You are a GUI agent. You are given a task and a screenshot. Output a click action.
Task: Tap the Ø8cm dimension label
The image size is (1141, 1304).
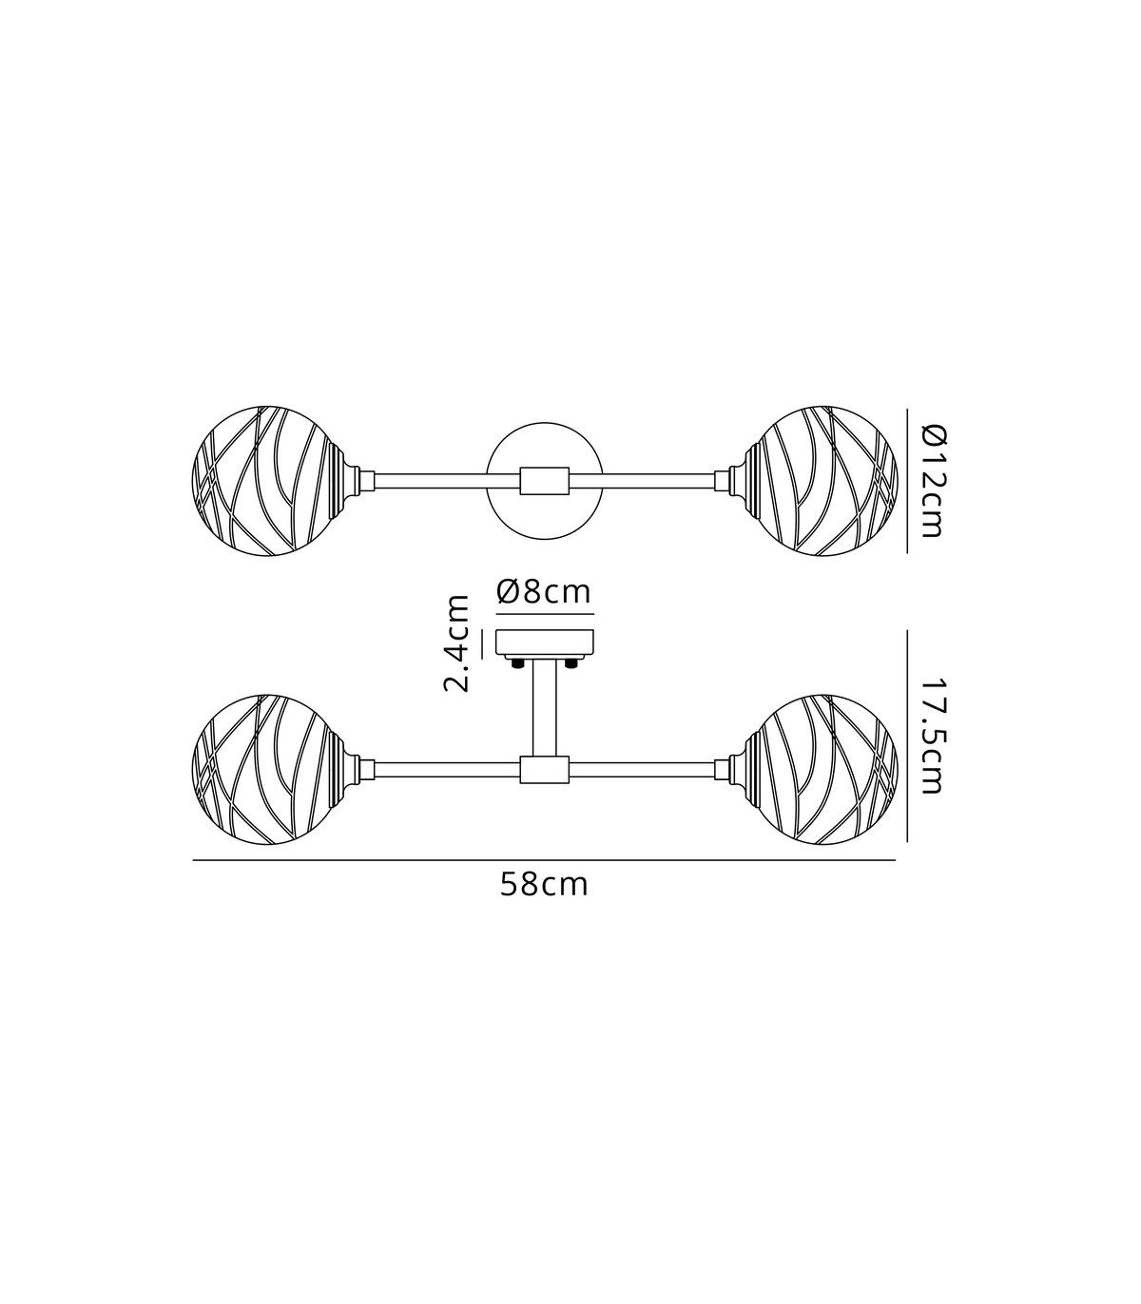click(x=544, y=592)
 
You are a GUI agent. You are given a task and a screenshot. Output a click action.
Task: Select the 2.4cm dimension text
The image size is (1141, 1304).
click(x=456, y=643)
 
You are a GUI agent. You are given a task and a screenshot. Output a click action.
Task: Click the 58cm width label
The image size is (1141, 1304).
click(x=544, y=886)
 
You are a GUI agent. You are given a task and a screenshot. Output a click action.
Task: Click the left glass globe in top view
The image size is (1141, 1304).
click(x=269, y=481)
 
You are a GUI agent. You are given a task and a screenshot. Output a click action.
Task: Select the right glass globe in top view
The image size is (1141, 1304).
click(x=821, y=481)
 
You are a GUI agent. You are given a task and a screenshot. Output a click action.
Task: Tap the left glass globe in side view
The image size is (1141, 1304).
click(x=269, y=769)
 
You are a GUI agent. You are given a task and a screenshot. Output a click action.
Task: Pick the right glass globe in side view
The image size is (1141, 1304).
click(x=821, y=769)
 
